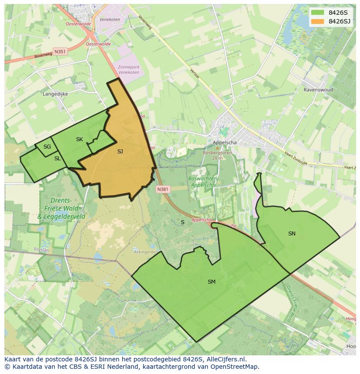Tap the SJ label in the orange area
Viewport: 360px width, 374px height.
(x=120, y=152)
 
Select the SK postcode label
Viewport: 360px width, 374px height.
(x=79, y=139)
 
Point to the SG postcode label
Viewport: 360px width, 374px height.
(x=47, y=147)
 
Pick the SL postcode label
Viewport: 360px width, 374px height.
(x=57, y=159)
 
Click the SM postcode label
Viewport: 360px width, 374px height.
(x=211, y=282)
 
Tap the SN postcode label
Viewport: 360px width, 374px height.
(x=292, y=234)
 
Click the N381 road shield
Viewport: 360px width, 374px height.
(x=163, y=189)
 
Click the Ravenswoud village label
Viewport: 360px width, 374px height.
(x=318, y=90)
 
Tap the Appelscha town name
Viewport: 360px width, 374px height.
(x=225, y=142)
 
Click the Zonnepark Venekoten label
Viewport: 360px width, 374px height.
(x=129, y=70)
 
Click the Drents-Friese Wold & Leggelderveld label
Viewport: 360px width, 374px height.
(x=61, y=209)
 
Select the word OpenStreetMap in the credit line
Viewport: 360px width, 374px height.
(x=235, y=367)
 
